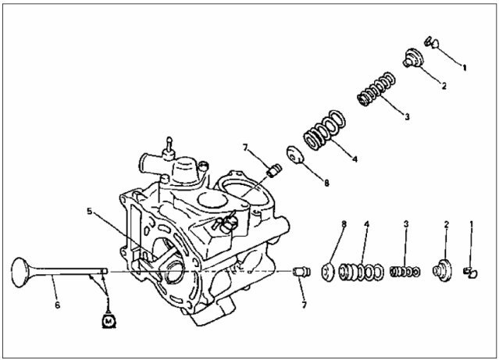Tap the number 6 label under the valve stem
tap(57, 305)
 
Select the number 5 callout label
tap(90, 211)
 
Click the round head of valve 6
tap(20, 273)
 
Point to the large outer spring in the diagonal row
tap(324, 130)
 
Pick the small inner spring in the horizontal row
tap(405, 272)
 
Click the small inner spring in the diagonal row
tap(376, 90)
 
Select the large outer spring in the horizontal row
tap(361, 273)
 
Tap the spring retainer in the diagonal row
tap(413, 58)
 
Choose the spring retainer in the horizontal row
tap(443, 270)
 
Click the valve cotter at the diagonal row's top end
tap(433, 42)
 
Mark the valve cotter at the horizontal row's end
tap(471, 273)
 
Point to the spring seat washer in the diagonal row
tap(295, 155)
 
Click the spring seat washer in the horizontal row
tap(328, 273)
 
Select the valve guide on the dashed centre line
tap(301, 272)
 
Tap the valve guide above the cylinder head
tap(273, 171)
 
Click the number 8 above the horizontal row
tap(344, 224)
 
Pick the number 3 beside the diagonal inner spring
tap(407, 117)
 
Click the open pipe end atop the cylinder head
tap(142, 163)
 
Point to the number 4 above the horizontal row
tap(366, 224)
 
